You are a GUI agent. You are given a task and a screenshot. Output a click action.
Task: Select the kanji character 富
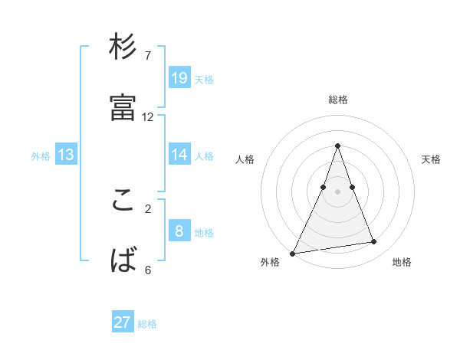[x=123, y=107]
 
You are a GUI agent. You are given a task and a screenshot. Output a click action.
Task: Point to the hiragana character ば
[x=123, y=261]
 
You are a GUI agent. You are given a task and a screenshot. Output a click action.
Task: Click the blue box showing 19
[x=179, y=77]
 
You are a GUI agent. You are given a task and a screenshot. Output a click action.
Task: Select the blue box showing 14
[x=179, y=155]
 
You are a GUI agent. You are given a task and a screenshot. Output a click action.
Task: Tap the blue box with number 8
[x=179, y=231]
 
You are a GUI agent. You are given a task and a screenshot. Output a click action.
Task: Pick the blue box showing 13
[x=66, y=155]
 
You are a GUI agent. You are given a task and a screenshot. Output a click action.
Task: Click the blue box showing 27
[x=123, y=322]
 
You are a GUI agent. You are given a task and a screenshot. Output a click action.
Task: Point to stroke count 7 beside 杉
[x=148, y=55]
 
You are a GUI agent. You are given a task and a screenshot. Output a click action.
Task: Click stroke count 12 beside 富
[x=148, y=117]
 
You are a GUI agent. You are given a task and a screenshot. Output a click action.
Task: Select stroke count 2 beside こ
[x=148, y=208]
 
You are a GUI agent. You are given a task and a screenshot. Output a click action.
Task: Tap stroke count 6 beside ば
[x=148, y=270]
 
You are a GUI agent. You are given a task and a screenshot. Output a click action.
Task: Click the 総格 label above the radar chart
[x=338, y=100]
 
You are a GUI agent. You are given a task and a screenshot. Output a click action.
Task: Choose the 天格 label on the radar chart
[x=431, y=159]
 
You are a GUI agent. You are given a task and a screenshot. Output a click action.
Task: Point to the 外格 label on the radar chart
[x=270, y=262]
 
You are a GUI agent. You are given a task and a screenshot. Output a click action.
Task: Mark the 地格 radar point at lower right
[x=374, y=242]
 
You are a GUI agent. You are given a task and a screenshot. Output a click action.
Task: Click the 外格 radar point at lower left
[x=293, y=253]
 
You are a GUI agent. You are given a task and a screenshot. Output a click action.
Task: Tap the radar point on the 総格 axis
[x=338, y=146]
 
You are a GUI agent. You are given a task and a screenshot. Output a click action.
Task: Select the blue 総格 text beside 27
[x=147, y=324]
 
